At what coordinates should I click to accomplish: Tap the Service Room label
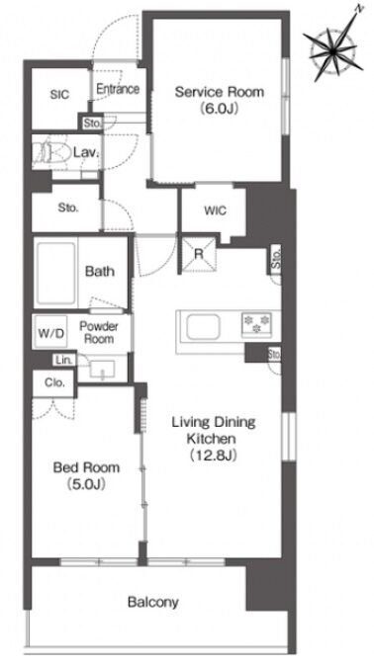[220, 92]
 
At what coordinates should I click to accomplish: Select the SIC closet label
[59, 95]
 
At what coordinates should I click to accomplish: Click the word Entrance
[118, 89]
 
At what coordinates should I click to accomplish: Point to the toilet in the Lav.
[50, 151]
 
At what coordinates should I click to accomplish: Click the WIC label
[215, 210]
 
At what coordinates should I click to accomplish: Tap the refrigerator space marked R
[199, 254]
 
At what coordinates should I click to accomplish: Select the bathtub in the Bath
[55, 273]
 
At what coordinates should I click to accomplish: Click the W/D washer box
[51, 332]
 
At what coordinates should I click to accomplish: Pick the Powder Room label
[99, 333]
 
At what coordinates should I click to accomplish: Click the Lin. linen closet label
[61, 361]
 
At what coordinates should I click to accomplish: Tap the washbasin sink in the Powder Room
[102, 369]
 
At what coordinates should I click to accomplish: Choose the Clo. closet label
[55, 382]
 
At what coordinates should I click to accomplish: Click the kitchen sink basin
[203, 327]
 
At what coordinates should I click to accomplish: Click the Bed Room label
[86, 468]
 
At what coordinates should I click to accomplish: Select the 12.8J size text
[213, 455]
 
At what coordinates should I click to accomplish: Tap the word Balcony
[153, 602]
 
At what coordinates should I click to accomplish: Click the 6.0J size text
[219, 108]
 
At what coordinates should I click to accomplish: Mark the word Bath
[100, 271]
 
